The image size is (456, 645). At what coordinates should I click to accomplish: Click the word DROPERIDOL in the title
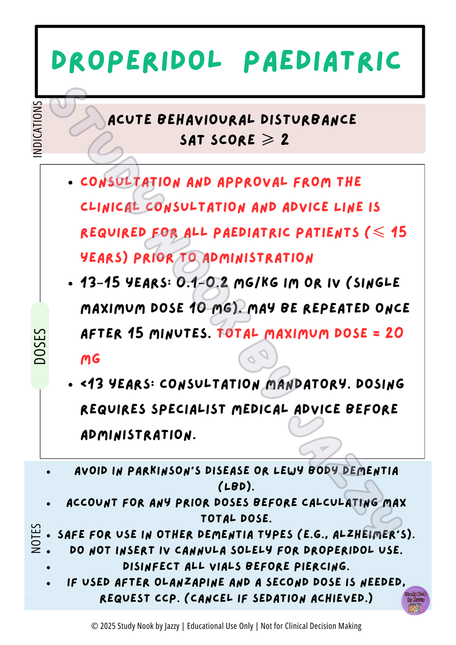coord(136,61)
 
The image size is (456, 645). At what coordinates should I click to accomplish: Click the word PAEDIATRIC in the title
coord(322,61)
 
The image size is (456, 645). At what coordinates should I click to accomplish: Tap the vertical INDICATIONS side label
coord(37,129)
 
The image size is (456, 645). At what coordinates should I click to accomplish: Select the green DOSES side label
coord(40,346)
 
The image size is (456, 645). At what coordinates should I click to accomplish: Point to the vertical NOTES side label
coord(36,539)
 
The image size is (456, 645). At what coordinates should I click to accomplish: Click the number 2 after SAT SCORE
coord(285,140)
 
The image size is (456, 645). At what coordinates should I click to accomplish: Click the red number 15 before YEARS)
coord(399,232)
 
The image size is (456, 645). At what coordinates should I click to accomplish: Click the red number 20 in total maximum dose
coord(394,333)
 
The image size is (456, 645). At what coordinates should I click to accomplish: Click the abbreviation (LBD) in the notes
coord(236,486)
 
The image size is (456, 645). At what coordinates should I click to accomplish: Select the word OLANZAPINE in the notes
coord(190,582)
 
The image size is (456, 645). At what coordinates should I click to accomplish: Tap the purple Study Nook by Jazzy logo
coord(415,600)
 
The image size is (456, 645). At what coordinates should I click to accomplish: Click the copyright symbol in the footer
coord(94,626)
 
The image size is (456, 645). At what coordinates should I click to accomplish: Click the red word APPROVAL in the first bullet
coord(252,182)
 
